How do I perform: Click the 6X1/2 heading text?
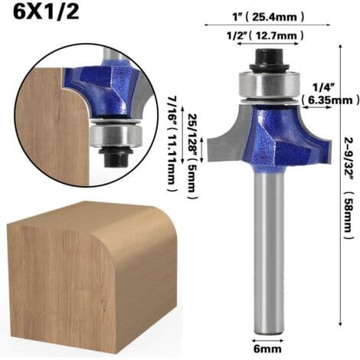pos(46,12)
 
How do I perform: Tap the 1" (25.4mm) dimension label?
pos(267,17)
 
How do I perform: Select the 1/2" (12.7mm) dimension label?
pos(266,35)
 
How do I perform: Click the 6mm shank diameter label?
pos(267,349)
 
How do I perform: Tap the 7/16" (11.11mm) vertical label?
pos(173,144)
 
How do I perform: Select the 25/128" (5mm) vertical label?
pos(192,156)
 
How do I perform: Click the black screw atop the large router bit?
pos(269,60)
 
